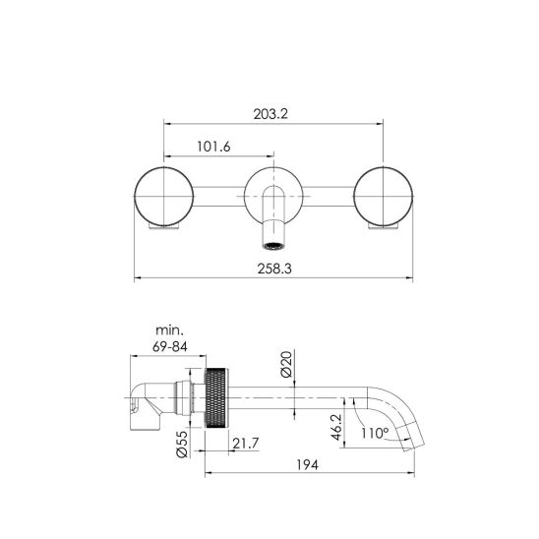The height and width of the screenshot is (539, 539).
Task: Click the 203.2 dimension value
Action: point(270,114)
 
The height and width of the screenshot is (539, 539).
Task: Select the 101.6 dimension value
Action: point(213,147)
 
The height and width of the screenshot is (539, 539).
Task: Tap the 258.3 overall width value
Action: point(274,269)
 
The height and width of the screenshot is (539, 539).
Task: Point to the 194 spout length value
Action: point(307,465)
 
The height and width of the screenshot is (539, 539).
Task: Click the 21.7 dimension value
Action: point(246,444)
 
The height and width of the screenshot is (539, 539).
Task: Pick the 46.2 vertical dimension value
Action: point(336,427)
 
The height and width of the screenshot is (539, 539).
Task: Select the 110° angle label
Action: point(375,433)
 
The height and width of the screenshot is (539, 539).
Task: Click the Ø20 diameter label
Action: point(286,364)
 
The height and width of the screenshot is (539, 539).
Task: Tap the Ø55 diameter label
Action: point(182,445)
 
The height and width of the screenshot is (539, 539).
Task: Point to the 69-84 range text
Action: point(170,346)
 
